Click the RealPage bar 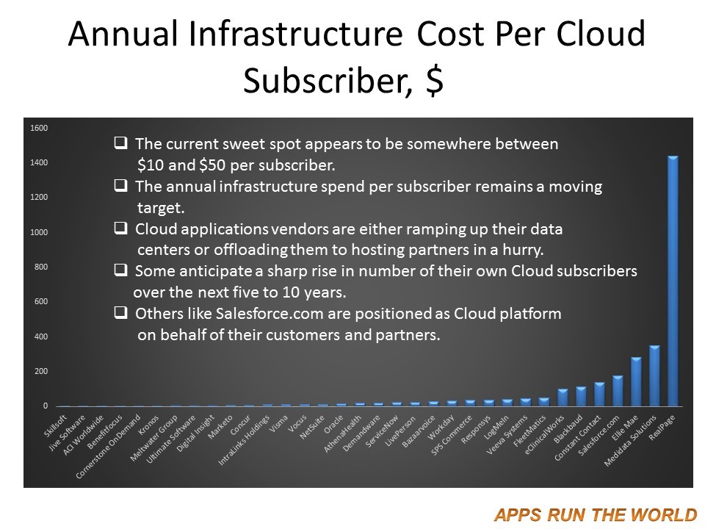673,281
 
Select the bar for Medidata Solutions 654,376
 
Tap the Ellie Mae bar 636,382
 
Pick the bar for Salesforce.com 618,391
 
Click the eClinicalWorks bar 562,397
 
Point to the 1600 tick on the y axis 39,128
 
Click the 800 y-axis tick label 40,267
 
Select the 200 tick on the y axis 40,371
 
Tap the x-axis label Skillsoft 56,425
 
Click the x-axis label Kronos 148,425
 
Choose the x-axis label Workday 441,428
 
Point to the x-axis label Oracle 333,425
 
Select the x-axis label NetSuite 312,427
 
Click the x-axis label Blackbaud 568,428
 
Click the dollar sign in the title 434,81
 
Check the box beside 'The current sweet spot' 120,143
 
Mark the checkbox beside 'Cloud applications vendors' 120,228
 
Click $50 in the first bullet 212,165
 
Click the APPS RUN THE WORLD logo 595,514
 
